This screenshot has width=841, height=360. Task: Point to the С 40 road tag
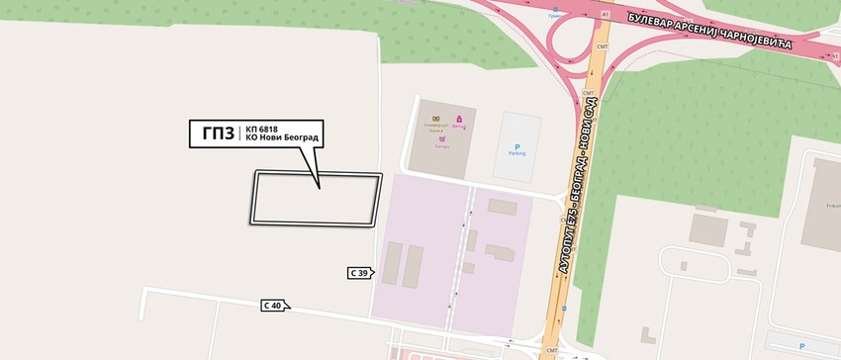(x=274, y=307)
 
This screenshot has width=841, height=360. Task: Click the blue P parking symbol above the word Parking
(x=516, y=146)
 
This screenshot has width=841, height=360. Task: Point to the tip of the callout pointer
(x=320, y=186)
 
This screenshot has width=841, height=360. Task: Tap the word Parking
(x=516, y=156)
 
